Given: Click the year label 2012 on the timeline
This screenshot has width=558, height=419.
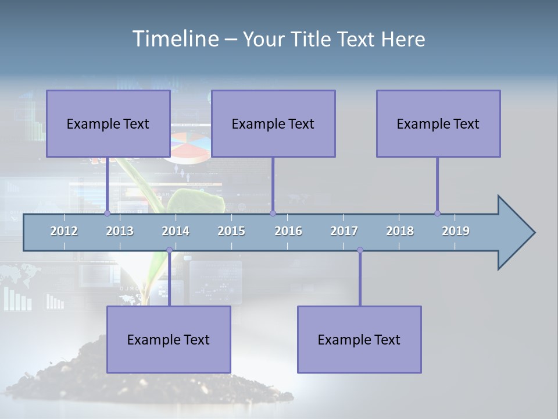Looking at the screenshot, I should click(64, 231).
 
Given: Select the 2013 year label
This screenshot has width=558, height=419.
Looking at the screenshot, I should click(120, 231).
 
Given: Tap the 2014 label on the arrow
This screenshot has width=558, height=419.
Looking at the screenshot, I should click(176, 231).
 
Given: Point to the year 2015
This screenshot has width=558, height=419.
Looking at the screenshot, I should click(231, 231).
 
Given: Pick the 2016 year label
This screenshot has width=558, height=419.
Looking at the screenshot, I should click(288, 231).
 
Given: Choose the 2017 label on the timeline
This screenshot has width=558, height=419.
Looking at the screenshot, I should click(344, 231).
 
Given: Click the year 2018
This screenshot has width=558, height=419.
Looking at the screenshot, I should click(400, 231).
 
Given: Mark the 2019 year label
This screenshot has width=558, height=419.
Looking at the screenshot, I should click(456, 231).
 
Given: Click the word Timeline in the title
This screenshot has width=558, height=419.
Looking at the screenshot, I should click(175, 39).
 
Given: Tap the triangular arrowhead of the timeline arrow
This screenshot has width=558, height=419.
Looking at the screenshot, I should click(514, 233).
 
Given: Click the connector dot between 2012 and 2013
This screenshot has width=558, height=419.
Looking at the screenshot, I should click(107, 213).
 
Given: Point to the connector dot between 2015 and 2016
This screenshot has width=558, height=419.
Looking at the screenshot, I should click(273, 213).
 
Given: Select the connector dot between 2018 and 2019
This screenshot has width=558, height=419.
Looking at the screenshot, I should click(437, 213).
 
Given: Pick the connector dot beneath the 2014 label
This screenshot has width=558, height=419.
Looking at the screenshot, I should click(169, 250).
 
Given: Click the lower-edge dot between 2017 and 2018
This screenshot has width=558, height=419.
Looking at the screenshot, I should click(360, 250).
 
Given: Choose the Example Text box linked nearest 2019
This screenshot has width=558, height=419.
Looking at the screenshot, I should click(438, 123).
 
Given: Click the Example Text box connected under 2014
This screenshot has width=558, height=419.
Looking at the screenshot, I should click(169, 339).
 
